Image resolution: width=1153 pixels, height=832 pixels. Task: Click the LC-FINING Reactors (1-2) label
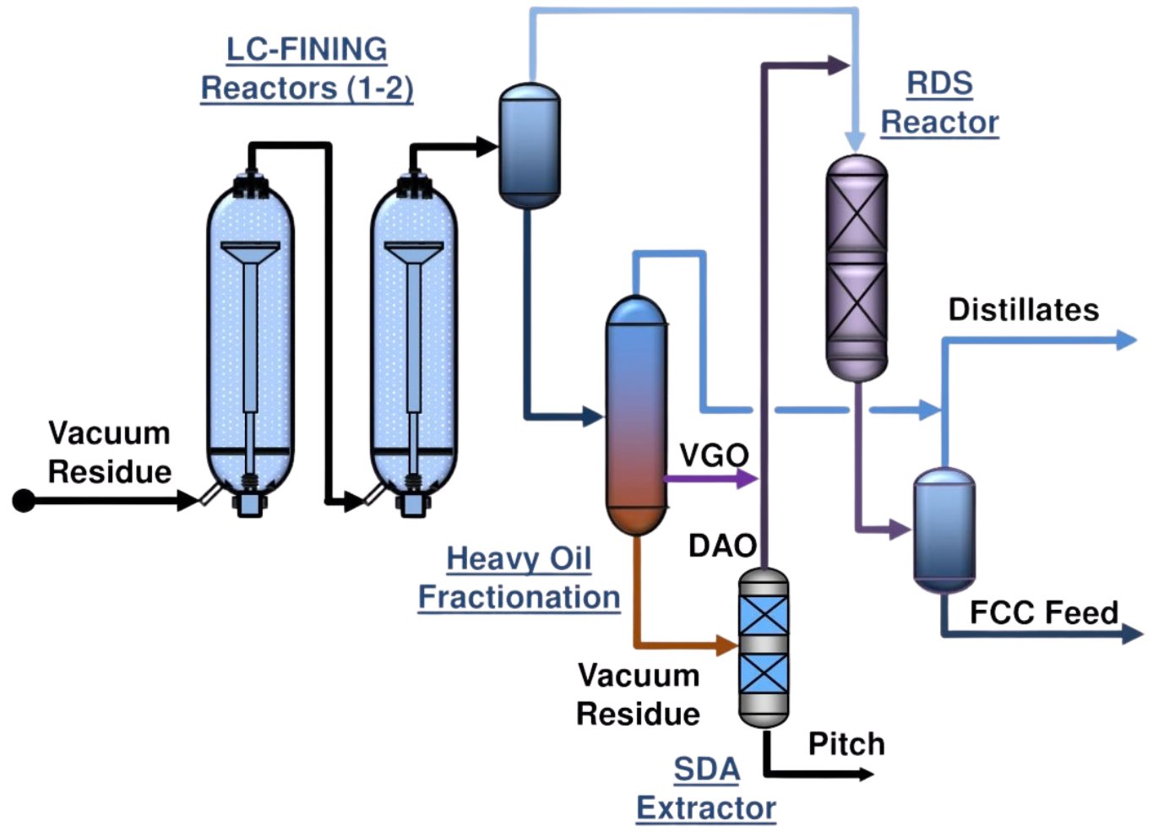click(307, 68)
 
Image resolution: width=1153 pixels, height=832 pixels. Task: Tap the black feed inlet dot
click(24, 501)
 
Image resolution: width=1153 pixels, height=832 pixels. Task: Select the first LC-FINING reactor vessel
click(250, 346)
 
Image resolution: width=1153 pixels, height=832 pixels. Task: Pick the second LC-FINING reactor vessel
click(414, 346)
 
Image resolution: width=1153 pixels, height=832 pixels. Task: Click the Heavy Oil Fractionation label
click(519, 578)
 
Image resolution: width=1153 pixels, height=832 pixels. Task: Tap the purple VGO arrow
click(747, 479)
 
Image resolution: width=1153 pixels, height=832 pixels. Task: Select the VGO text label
click(714, 455)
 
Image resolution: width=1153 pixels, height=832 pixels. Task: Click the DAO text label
click(722, 546)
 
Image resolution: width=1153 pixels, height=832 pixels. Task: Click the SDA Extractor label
click(706, 788)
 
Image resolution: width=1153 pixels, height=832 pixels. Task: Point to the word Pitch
click(846, 744)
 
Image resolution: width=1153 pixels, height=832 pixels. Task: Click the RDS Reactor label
click(939, 103)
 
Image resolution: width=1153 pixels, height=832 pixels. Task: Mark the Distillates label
click(1024, 310)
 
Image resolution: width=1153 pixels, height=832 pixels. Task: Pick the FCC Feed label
click(1044, 612)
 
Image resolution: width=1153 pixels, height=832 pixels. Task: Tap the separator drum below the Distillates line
click(944, 530)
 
